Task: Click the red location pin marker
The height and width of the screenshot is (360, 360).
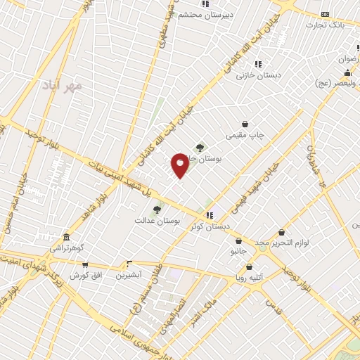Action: click(180, 165)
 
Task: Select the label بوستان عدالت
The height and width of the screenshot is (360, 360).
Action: click(158, 220)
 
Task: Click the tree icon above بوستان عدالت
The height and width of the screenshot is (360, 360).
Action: click(157, 209)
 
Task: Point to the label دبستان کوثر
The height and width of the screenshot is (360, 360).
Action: click(210, 226)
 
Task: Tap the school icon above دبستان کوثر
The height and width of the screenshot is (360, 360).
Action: click(209, 215)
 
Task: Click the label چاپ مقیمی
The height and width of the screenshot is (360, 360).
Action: click(245, 134)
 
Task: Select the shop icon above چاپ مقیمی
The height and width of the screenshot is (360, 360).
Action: click(245, 124)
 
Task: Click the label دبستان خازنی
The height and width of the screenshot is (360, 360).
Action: click(258, 75)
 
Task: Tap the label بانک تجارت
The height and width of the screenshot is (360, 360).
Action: click(326, 25)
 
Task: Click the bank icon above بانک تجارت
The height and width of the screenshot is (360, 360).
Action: click(325, 14)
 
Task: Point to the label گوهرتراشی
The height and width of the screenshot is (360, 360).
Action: click(66, 248)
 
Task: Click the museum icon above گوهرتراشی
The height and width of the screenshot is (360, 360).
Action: click(66, 237)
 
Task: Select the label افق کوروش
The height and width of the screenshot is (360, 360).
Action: click(86, 274)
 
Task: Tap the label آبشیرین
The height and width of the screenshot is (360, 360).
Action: click(128, 274)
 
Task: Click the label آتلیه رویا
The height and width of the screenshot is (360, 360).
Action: click(250, 277)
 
